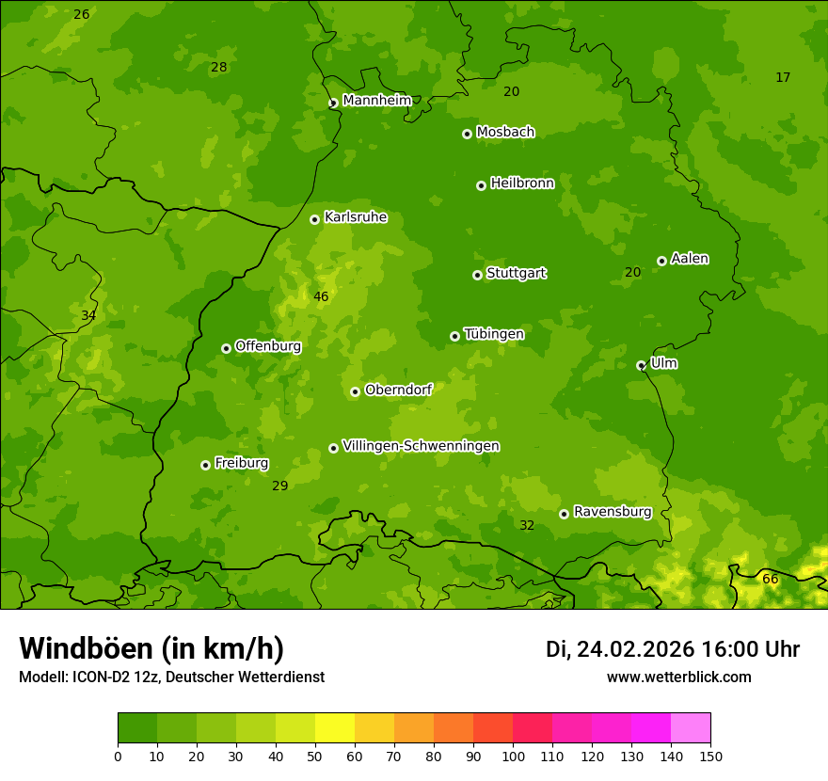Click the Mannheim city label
click(x=377, y=101)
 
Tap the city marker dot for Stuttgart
click(x=477, y=275)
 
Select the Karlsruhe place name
click(x=356, y=217)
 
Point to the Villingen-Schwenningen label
click(x=421, y=446)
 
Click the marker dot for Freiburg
click(x=205, y=465)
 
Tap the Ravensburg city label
click(x=613, y=512)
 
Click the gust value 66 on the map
click(x=770, y=579)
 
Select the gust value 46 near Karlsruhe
click(x=321, y=296)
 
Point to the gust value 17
click(x=783, y=77)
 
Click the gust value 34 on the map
click(x=88, y=315)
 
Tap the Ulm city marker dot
click(x=641, y=365)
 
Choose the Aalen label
click(x=690, y=259)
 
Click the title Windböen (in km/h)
click(x=151, y=648)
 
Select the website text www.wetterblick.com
click(x=678, y=677)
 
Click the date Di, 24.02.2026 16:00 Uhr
click(x=672, y=649)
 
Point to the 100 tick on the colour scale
click(x=513, y=757)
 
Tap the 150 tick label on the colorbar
click(x=710, y=757)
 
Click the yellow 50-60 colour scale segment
click(x=335, y=728)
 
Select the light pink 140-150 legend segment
click(x=691, y=728)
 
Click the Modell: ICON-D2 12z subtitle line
click(x=171, y=677)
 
